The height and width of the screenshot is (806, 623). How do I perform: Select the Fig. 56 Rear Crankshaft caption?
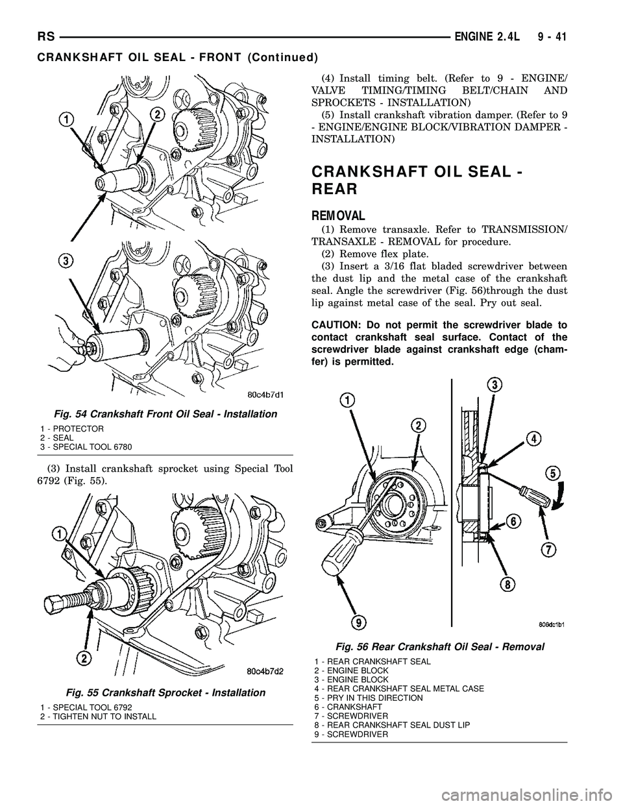click(x=440, y=646)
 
